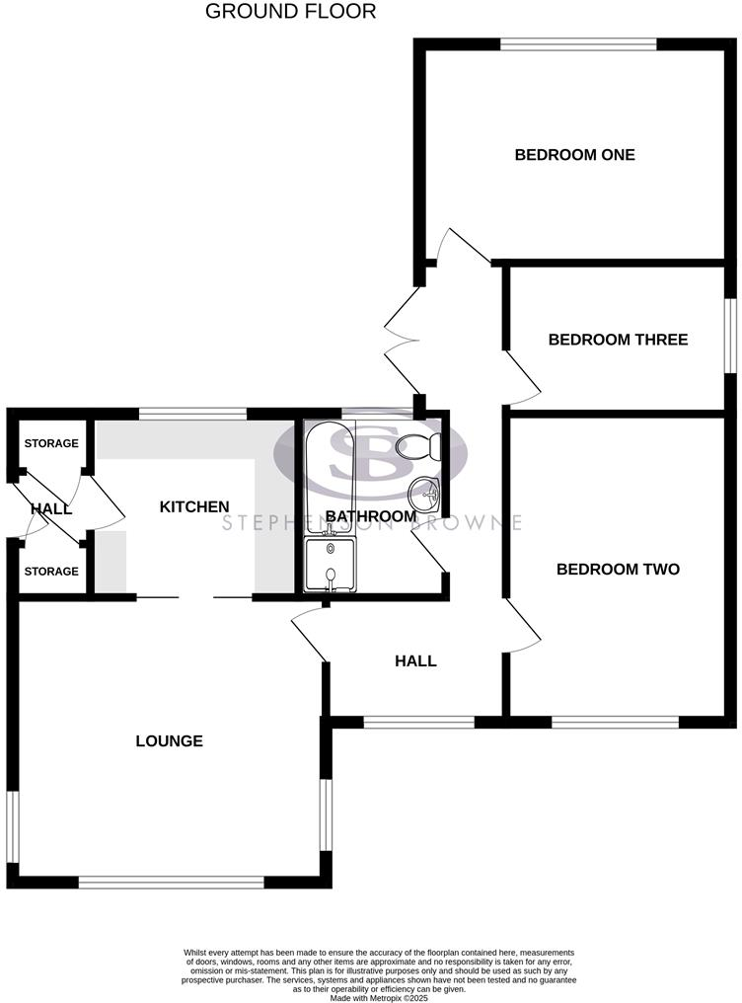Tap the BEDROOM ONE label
click(574, 155)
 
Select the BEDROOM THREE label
click(618, 340)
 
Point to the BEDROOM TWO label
click(618, 570)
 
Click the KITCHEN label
click(194, 506)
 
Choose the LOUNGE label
click(169, 741)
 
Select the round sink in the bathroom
click(424, 491)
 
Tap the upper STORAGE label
click(51, 443)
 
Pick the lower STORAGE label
click(51, 572)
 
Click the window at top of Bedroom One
click(578, 43)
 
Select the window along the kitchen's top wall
click(191, 414)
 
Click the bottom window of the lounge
click(171, 882)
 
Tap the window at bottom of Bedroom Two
click(615, 722)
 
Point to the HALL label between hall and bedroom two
click(415, 661)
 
